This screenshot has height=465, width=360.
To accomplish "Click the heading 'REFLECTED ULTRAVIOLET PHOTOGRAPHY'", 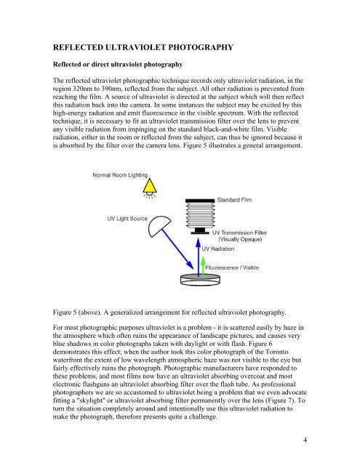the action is pyautogui.click(x=143, y=47).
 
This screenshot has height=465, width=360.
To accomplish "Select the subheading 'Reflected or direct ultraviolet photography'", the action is pyautogui.click(x=118, y=65).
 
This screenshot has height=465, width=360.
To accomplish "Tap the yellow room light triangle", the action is pyautogui.click(x=150, y=186).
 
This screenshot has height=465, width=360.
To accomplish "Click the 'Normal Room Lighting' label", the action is pyautogui.click(x=120, y=175).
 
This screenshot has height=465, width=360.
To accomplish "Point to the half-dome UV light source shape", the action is pyautogui.click(x=159, y=226).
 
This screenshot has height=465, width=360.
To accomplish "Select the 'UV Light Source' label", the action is pyautogui.click(x=127, y=219).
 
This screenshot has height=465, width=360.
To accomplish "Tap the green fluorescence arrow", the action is pyautogui.click(x=203, y=267).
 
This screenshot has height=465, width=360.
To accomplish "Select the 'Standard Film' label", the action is pyautogui.click(x=234, y=200).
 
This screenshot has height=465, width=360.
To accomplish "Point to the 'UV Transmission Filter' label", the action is pyautogui.click(x=239, y=232).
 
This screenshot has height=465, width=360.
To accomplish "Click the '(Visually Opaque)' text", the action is pyautogui.click(x=240, y=239).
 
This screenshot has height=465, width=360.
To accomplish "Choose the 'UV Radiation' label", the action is pyautogui.click(x=218, y=248).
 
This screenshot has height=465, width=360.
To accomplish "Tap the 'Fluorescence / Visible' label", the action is pyautogui.click(x=232, y=267).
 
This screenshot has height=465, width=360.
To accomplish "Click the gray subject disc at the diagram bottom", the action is pyautogui.click(x=200, y=280).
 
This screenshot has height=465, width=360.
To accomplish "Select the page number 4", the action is pyautogui.click(x=305, y=440).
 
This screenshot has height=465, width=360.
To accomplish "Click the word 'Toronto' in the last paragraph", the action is pyautogui.click(x=277, y=352).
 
